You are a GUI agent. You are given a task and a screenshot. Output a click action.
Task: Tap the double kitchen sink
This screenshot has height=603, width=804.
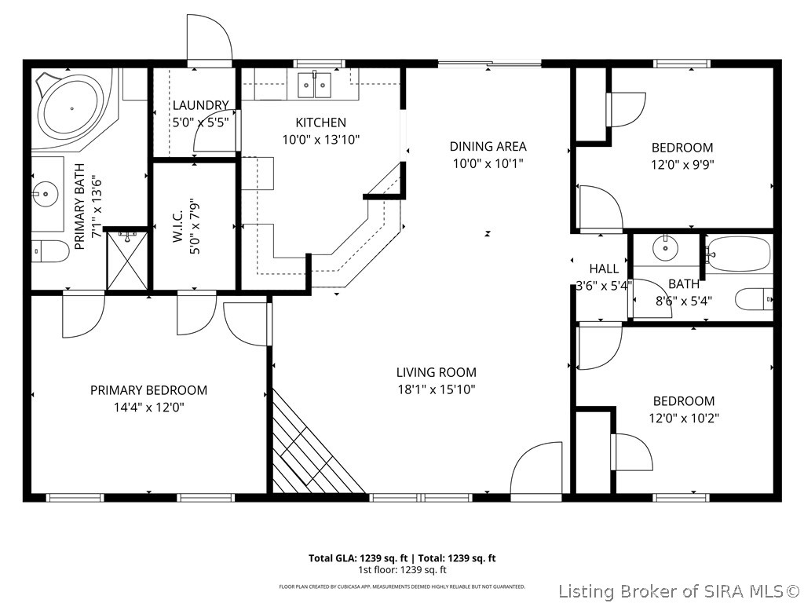[x=316, y=85]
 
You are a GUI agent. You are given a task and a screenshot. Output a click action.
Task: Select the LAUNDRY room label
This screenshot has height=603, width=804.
[x=200, y=105]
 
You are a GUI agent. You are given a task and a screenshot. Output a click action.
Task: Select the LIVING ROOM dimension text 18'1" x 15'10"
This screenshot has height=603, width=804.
[x=436, y=389]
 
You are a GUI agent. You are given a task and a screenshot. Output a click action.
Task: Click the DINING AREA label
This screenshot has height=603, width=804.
[x=488, y=146]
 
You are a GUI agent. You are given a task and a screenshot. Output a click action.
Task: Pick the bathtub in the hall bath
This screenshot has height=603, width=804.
[x=739, y=254]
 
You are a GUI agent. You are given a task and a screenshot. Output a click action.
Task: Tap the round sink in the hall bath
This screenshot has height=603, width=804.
[x=665, y=249]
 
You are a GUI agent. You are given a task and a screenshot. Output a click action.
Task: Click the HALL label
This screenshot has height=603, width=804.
[x=604, y=269]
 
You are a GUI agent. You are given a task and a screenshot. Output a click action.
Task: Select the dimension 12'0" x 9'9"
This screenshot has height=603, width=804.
[x=682, y=165]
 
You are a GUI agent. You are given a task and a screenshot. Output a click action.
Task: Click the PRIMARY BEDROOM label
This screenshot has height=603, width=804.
[x=148, y=390]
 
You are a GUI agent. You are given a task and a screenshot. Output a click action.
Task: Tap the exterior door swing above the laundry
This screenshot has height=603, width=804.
[x=208, y=39]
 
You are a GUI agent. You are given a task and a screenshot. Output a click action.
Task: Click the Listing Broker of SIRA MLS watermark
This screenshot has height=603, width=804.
[x=680, y=591]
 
